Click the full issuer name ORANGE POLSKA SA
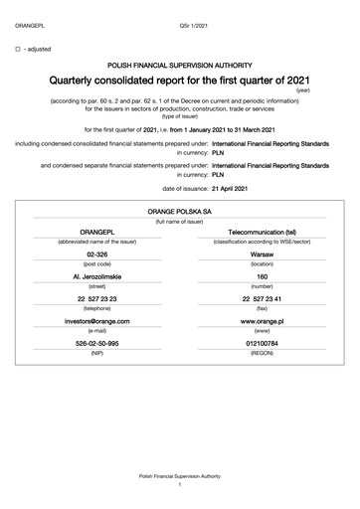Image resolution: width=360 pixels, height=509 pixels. tap(179, 212)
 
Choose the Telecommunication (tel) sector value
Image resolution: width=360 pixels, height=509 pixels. tap(262, 231)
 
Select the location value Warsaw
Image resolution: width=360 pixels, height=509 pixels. tap(262, 254)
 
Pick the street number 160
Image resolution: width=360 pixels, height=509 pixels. tap(262, 275)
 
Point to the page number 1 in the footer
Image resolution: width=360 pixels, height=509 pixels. tap(179, 484)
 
